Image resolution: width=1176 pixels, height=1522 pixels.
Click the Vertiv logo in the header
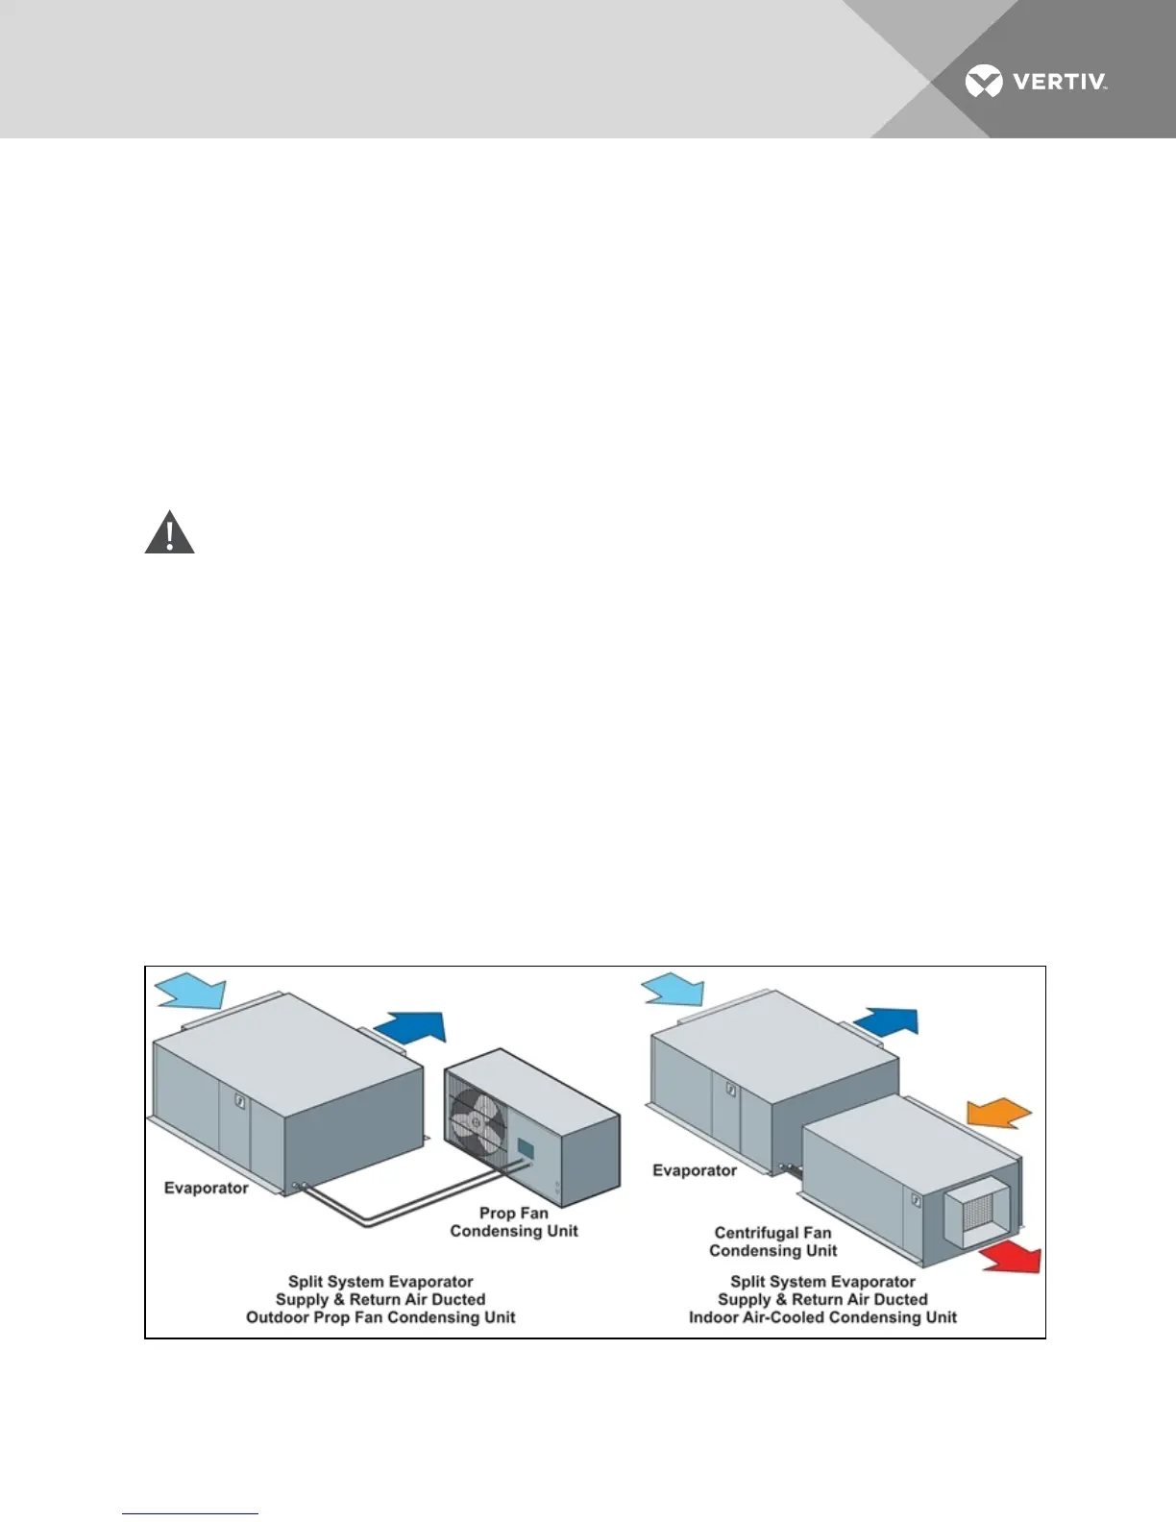click(1036, 82)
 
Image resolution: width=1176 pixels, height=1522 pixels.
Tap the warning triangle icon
click(169, 533)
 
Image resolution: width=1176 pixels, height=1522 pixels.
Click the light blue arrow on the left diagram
click(190, 991)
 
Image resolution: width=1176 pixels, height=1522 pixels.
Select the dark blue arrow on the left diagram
click(413, 1027)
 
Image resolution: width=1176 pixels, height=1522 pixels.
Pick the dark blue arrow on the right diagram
click(887, 1021)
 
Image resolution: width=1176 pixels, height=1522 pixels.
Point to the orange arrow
click(998, 1113)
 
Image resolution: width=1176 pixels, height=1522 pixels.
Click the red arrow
click(1011, 1257)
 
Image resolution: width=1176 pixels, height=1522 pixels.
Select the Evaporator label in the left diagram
click(206, 1189)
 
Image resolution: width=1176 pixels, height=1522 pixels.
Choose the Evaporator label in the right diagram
click(694, 1170)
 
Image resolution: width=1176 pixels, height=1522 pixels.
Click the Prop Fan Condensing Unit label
click(514, 1222)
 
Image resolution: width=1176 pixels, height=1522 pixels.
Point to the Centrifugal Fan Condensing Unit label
click(772, 1241)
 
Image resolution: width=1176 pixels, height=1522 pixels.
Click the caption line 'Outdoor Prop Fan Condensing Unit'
click(380, 1317)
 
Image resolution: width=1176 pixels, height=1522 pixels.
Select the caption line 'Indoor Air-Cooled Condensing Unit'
click(822, 1317)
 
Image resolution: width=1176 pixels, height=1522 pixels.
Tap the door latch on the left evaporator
click(240, 1100)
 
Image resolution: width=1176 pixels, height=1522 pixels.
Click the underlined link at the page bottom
click(190, 1513)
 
